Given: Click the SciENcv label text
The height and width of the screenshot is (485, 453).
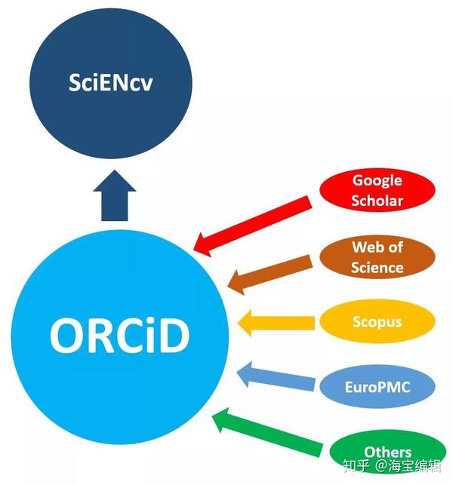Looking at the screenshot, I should [x=109, y=82].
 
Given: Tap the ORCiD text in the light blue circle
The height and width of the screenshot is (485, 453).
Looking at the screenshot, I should [x=119, y=334].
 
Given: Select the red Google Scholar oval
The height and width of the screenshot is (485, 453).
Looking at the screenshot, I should [x=377, y=190].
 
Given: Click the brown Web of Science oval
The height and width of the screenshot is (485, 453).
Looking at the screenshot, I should [x=377, y=256].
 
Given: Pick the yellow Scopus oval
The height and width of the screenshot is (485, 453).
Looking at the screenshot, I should [x=377, y=322].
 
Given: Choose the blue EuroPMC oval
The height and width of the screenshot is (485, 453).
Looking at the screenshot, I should [x=377, y=388].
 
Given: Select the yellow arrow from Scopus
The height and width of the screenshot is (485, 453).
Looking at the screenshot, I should [x=276, y=324].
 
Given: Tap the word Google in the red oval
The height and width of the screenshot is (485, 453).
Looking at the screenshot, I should [x=377, y=180].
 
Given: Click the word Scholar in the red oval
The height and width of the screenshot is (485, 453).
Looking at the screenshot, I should [x=377, y=201].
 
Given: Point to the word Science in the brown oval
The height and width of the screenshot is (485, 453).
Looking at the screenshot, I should [x=377, y=267].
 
